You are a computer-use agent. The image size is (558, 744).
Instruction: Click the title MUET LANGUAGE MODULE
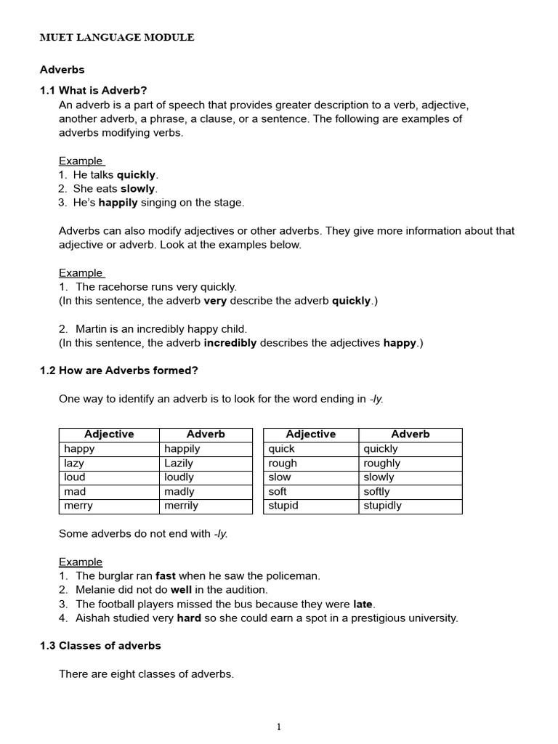coord(116,37)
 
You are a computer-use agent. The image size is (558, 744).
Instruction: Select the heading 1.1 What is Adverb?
coord(93,90)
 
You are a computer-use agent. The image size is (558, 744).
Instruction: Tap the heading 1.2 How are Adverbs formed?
coord(118,370)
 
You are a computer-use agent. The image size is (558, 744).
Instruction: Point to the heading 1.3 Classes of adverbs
coord(100,645)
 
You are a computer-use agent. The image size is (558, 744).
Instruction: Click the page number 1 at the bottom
coord(279,727)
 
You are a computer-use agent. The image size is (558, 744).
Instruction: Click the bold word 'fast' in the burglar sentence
coord(166,575)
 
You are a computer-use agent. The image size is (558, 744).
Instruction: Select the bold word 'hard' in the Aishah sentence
coord(189,618)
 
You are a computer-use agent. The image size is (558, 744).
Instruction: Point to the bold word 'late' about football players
coord(363,604)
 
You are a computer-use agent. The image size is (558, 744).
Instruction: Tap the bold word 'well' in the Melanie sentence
coord(181,590)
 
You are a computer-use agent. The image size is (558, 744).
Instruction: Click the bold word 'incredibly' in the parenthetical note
coord(230,343)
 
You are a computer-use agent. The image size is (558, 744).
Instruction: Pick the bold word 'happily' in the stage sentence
coord(118,203)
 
